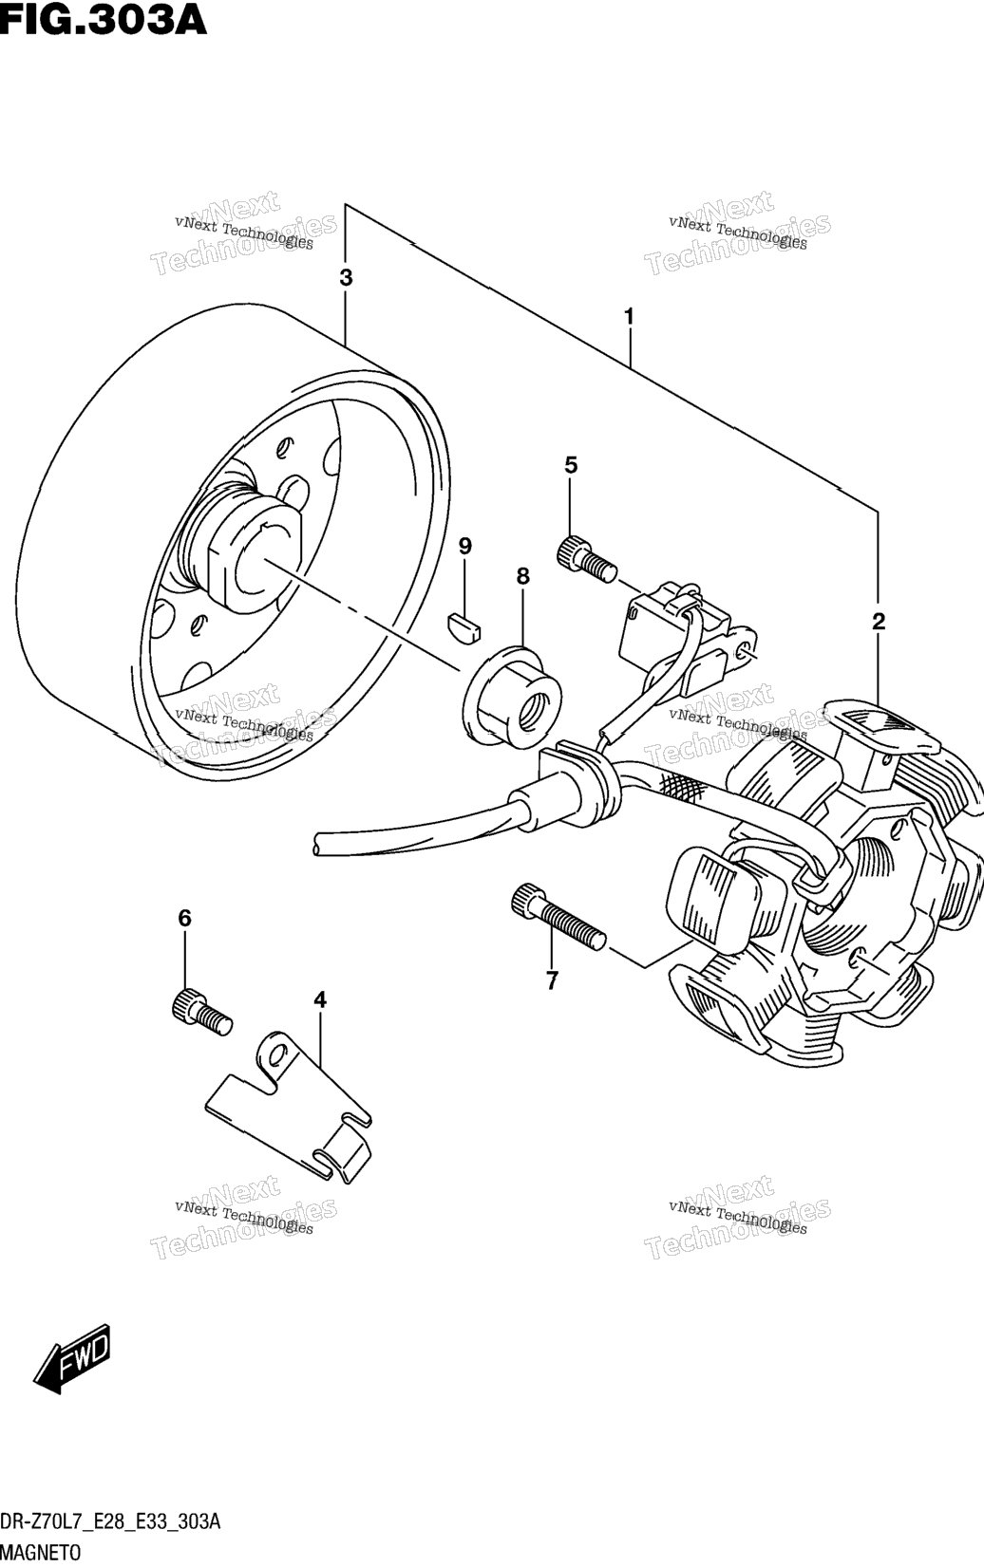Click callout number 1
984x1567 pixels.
coord(629,317)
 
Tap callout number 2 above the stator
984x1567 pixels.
coord(879,622)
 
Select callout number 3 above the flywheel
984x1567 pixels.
coord(346,278)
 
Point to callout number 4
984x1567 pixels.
coord(320,999)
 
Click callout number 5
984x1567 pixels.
coord(571,464)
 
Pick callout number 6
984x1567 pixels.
coord(185,918)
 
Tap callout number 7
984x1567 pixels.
coord(552,981)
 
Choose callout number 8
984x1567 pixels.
coord(522,576)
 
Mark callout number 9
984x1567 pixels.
coord(465,546)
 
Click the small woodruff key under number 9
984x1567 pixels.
coord(464,625)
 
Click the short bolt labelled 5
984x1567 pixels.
coord(586,560)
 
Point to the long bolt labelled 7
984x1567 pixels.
coord(558,917)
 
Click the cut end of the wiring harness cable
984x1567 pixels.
coord(317,842)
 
